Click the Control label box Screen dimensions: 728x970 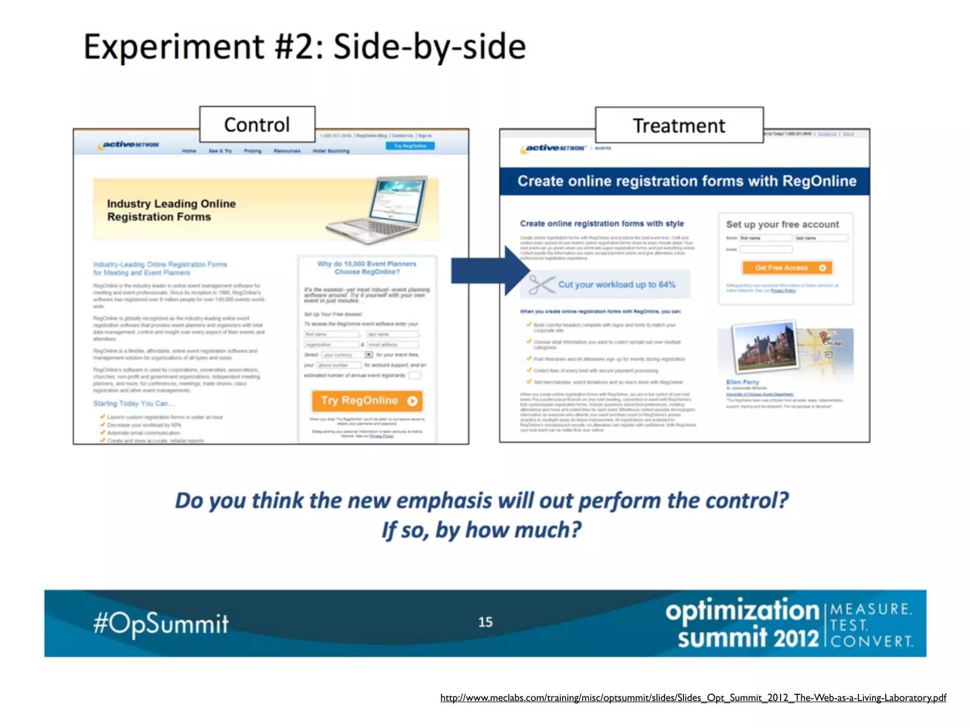(x=257, y=125)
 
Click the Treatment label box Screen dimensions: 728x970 (x=679, y=126)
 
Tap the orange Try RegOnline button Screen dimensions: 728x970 (x=367, y=401)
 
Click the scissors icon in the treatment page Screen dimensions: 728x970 (x=540, y=284)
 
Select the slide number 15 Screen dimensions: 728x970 (x=485, y=622)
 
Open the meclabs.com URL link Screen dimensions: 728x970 (x=693, y=698)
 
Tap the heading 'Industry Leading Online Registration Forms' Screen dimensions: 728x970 (x=171, y=210)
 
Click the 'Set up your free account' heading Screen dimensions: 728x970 (x=782, y=224)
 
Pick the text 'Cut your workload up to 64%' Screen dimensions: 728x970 (x=617, y=284)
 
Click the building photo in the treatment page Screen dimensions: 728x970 (x=764, y=347)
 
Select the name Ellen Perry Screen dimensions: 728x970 (x=743, y=382)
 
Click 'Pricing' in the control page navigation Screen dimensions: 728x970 (x=252, y=151)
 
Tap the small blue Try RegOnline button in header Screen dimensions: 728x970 (x=410, y=146)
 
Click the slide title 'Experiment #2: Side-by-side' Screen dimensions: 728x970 (x=305, y=47)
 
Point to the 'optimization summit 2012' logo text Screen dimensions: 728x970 (x=742, y=623)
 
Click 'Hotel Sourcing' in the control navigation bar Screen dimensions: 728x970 (x=331, y=151)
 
